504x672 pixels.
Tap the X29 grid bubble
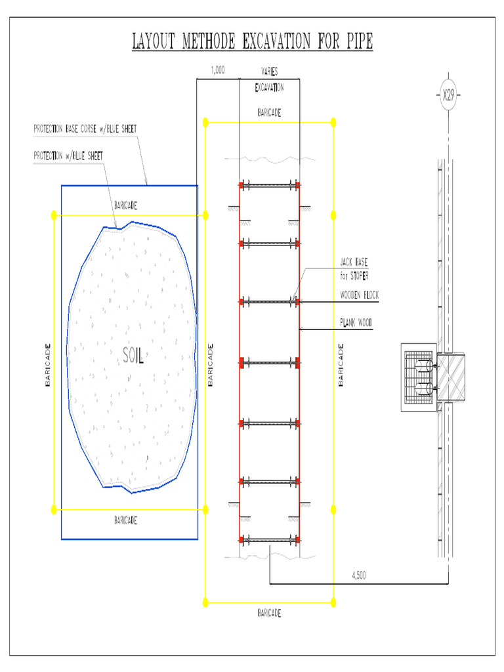point(448,96)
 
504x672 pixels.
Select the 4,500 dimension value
point(359,576)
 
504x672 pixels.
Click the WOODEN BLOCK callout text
point(359,295)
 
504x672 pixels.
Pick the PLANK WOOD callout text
point(356,322)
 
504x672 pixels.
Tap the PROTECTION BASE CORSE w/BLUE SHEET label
point(85,129)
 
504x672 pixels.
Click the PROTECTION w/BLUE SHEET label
point(68,156)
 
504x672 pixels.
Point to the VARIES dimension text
point(269,72)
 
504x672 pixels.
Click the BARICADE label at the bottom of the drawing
point(269,613)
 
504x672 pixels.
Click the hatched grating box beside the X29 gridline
point(419,377)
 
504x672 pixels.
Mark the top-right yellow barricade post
point(333,122)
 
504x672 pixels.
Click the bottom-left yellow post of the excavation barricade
point(205,601)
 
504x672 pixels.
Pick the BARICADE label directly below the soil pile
point(125,520)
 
